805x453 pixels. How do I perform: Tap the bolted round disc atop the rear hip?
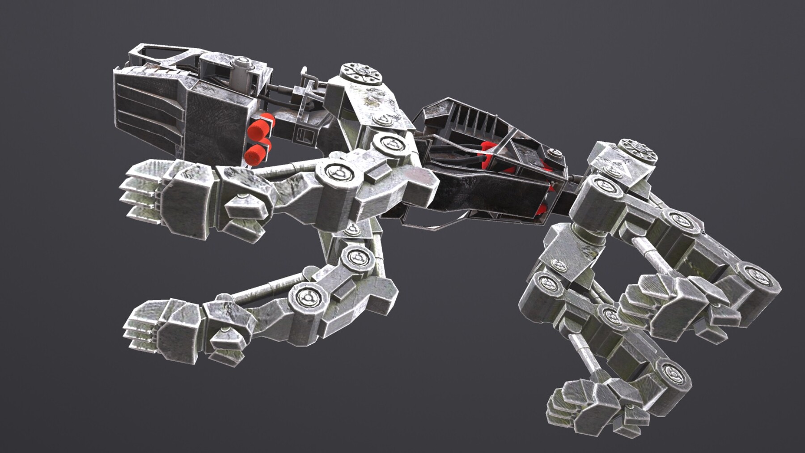coord(638,149)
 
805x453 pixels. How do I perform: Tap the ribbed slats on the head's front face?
coord(148,107)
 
